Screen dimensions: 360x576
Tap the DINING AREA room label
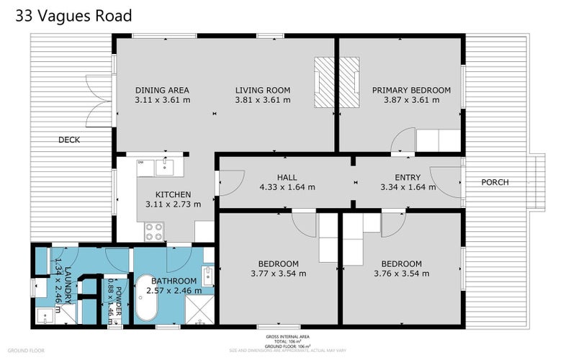(162, 90)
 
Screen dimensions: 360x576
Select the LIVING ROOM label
(263, 90)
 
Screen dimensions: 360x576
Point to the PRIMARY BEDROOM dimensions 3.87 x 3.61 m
(411, 100)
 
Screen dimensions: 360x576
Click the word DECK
(69, 140)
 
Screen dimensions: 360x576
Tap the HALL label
(287, 177)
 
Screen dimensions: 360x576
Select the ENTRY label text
(408, 177)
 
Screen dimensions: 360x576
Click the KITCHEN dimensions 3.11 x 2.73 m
(173, 204)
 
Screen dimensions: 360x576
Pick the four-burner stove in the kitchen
(154, 231)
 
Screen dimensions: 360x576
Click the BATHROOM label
(174, 280)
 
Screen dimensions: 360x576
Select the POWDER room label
(109, 295)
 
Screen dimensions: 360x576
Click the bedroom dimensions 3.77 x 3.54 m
(278, 274)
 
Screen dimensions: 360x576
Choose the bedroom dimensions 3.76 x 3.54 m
(402, 274)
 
